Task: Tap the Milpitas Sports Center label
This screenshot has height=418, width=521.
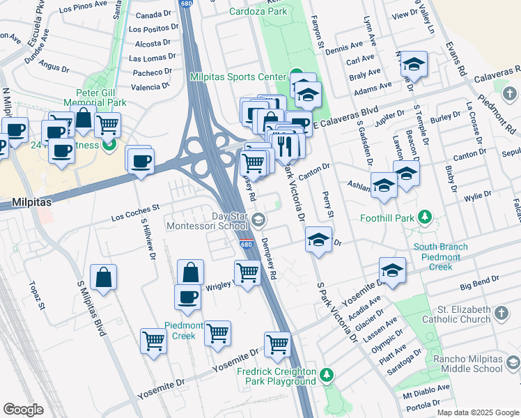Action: click(238, 77)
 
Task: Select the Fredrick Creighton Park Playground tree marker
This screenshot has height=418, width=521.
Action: click(327, 377)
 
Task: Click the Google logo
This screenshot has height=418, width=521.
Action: click(23, 410)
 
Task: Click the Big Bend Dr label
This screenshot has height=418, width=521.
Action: click(483, 285)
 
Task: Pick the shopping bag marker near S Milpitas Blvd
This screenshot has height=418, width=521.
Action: click(103, 277)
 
